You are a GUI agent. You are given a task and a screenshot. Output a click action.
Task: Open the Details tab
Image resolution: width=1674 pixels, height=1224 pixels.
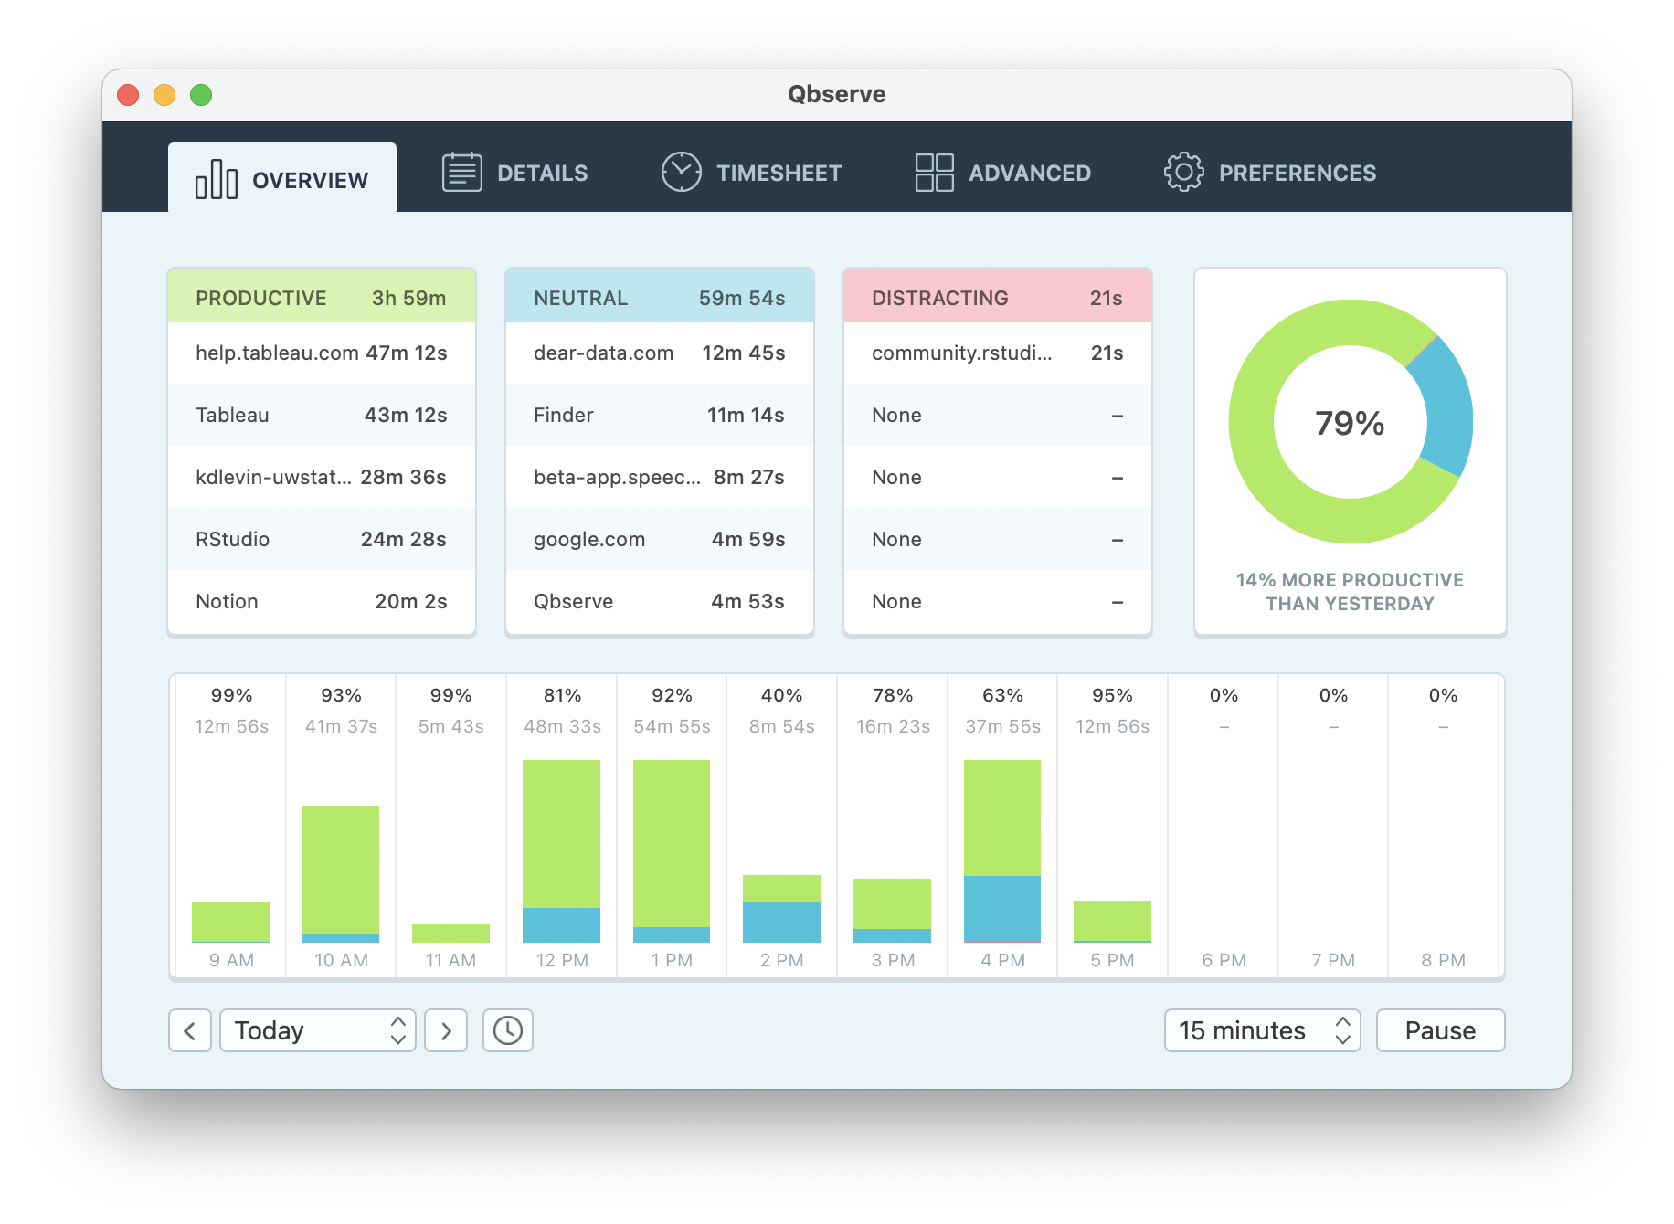[515, 173]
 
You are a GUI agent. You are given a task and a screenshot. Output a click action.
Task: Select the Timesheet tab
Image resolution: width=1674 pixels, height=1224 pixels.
[751, 173]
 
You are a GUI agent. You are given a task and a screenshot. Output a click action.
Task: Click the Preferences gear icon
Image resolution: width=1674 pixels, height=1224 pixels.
[1183, 172]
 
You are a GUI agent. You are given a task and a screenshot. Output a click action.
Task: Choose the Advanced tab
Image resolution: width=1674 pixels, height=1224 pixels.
[1003, 173]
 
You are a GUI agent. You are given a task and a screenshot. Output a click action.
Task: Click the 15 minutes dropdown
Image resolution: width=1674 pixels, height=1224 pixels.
[1261, 1030]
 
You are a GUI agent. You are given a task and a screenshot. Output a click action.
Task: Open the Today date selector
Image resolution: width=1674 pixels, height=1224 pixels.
[318, 1030]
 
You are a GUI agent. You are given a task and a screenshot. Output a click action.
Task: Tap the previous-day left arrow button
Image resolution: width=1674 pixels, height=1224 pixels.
[190, 1030]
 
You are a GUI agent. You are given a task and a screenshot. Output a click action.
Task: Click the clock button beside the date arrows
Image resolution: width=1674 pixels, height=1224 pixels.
[508, 1030]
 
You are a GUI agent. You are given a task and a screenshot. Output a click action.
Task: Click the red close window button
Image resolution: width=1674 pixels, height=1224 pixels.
[128, 95]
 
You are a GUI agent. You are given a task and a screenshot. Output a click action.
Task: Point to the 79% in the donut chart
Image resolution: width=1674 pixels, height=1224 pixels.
[1350, 423]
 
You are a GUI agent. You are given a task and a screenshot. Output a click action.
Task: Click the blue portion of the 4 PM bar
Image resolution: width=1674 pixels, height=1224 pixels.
[1002, 909]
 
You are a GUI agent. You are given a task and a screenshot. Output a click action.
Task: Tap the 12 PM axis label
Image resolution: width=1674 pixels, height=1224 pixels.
[562, 960]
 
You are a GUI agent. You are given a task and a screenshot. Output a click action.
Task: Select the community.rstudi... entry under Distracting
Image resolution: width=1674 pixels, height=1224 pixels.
[961, 353]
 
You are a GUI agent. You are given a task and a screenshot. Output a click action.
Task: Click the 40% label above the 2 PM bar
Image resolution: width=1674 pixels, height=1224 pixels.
[781, 695]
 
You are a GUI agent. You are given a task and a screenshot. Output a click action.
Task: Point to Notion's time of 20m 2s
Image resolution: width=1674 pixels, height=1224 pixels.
[410, 602]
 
